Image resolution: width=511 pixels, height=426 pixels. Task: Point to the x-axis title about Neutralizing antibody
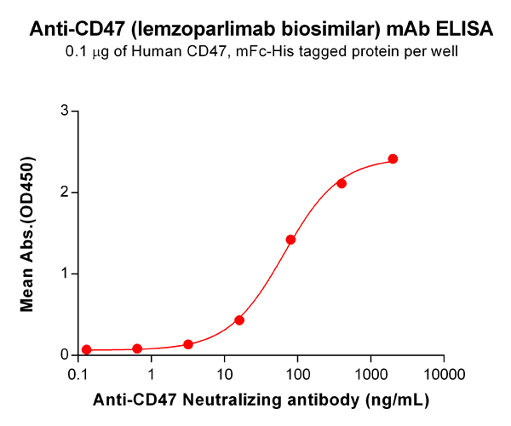261,399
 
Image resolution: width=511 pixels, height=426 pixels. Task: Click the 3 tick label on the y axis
64,111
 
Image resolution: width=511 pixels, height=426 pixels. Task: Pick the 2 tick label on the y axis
64,193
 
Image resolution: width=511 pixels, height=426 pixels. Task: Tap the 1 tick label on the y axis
64,273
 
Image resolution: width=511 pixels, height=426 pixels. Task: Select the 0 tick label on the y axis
64,354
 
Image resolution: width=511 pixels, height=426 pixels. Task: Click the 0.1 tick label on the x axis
79,374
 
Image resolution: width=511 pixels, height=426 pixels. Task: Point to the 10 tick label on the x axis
225,374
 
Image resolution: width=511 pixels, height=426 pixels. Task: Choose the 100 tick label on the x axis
297,374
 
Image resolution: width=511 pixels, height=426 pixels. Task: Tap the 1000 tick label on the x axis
370,374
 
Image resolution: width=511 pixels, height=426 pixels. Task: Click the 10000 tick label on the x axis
443,374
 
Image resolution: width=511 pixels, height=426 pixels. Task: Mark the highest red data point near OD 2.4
393,159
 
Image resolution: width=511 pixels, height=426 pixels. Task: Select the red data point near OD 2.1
342,183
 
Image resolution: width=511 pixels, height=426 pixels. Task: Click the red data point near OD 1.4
290,240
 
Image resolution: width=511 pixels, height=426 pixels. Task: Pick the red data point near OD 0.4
239,320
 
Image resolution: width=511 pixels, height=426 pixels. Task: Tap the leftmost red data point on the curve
86,349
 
